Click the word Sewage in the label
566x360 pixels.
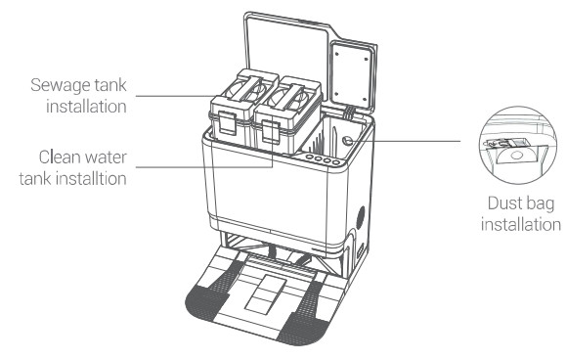point(61,86)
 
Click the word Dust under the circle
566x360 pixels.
point(502,202)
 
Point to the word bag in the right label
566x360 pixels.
point(539,204)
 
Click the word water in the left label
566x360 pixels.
point(107,157)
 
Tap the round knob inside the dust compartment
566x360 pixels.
point(347,141)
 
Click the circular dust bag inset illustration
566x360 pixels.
point(517,145)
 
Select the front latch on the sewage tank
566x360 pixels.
point(228,122)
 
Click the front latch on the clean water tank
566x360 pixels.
point(271,132)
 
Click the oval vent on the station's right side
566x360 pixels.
point(361,217)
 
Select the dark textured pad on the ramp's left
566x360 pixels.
point(213,292)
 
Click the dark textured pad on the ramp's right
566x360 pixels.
point(302,315)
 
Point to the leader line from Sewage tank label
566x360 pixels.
point(176,96)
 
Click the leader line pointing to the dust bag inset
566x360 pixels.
point(406,141)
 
